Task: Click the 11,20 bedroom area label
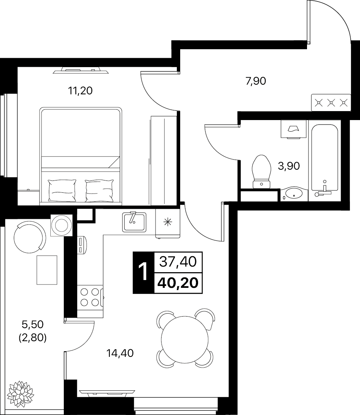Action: coord(80,91)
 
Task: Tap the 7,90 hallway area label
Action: coord(256,81)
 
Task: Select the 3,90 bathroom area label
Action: coord(289,166)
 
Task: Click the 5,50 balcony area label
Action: coord(33,324)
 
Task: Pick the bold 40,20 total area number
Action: coord(178,283)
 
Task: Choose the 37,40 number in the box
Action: coord(178,262)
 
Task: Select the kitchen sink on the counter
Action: coord(134,222)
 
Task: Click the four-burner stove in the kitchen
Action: coord(90,297)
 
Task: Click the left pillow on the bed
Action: coord(62,190)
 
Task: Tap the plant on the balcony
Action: coord(20,394)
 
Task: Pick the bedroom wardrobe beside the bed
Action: coord(163,160)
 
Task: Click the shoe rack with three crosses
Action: coord(331,103)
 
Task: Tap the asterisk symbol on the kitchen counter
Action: coord(168,222)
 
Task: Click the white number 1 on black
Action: coord(143,272)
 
